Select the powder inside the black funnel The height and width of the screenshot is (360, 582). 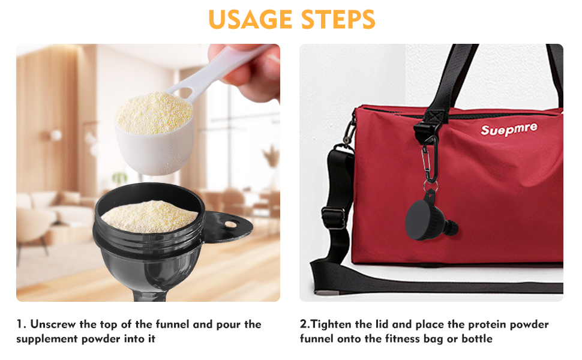pyautogui.click(x=149, y=215)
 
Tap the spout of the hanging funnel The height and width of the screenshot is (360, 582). pyautogui.click(x=452, y=230)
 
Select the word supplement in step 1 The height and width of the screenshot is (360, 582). pyautogui.click(x=47, y=339)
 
